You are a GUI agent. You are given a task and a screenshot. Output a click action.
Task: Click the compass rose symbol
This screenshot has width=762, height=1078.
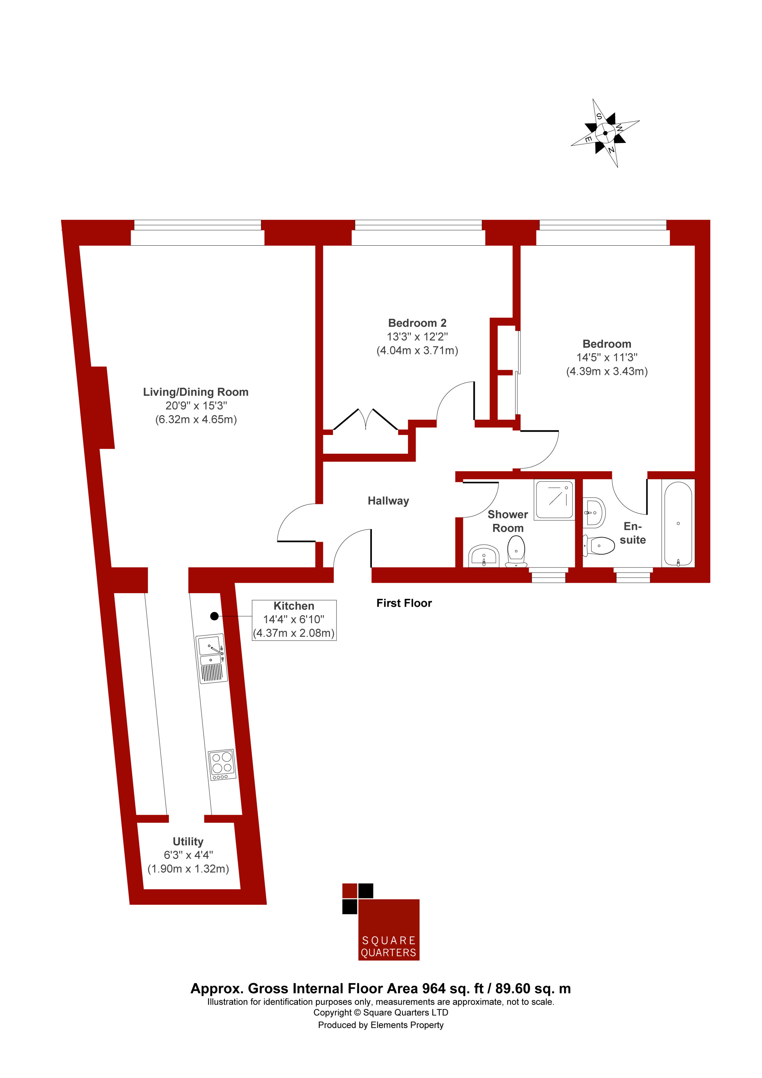click(x=605, y=133)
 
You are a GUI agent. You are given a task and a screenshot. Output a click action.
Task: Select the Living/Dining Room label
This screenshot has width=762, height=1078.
click(x=196, y=392)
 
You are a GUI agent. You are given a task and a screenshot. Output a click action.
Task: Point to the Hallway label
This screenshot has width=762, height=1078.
click(x=388, y=501)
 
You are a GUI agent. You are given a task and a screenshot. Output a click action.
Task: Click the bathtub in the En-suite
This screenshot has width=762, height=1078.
click(x=678, y=523)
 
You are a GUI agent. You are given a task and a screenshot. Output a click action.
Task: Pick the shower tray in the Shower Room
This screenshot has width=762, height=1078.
click(x=554, y=499)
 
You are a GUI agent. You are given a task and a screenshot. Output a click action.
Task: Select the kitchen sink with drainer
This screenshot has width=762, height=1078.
click(x=212, y=658)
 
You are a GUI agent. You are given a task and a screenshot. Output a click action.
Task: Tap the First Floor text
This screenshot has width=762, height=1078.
click(x=404, y=603)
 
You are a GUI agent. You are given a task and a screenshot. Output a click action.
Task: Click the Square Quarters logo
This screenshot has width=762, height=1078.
click(x=381, y=922)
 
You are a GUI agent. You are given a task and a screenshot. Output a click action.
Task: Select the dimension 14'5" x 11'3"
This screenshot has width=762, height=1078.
click(x=607, y=358)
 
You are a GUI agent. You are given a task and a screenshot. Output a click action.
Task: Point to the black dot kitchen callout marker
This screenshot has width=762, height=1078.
click(x=215, y=616)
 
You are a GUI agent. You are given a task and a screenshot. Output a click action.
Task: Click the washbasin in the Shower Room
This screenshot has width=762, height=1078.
click(x=484, y=557)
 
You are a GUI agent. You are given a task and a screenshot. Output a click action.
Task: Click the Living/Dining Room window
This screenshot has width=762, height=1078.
click(x=198, y=232)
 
